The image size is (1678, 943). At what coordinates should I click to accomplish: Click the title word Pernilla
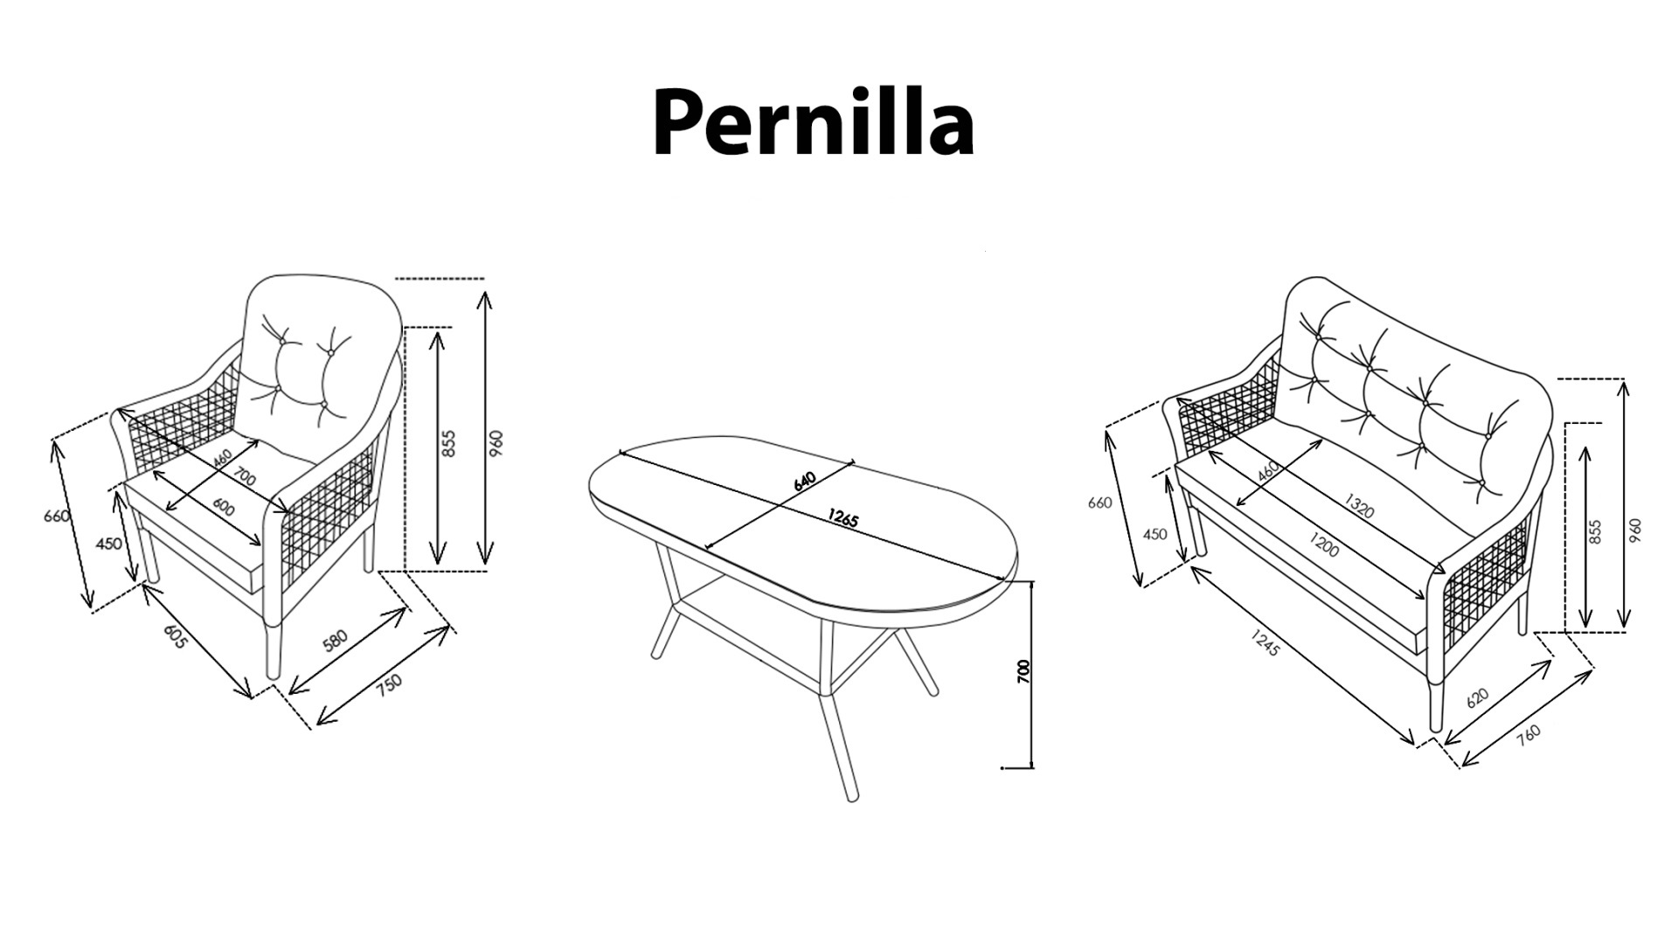(813, 124)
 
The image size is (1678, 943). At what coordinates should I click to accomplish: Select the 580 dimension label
(336, 639)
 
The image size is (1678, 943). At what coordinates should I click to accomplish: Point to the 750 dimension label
(390, 682)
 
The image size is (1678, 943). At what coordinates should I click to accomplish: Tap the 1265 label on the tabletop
(842, 519)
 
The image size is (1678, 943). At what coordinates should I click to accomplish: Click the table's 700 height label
(1025, 671)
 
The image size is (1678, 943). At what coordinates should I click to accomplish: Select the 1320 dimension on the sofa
(1359, 506)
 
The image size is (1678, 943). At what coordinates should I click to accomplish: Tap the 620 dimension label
(1476, 697)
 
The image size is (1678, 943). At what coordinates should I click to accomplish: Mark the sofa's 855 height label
(1595, 532)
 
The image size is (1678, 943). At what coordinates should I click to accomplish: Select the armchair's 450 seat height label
(108, 544)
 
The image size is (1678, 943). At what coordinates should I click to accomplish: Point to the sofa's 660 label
(1099, 503)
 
